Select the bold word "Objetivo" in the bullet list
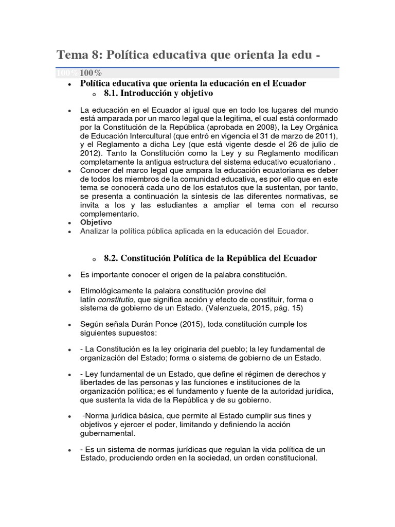coord(96,222)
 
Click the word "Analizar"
coord(95,231)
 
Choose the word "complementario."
coord(110,214)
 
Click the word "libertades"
coord(99,382)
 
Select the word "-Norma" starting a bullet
coord(95,415)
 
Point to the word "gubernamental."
coord(107,433)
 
